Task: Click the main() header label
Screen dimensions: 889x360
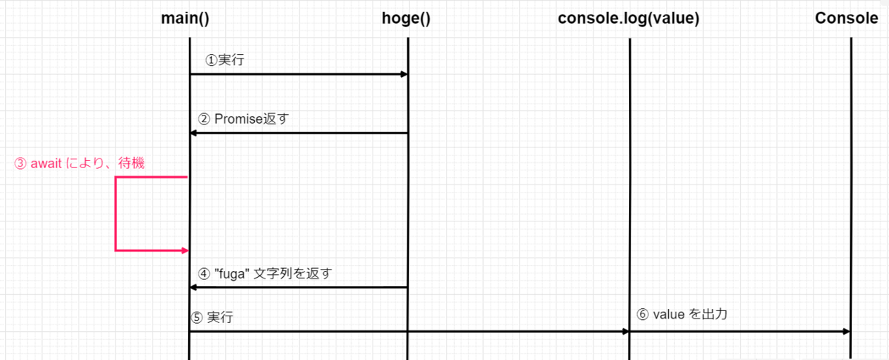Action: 185,19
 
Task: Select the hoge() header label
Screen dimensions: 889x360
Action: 406,19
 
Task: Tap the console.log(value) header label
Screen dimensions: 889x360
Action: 629,19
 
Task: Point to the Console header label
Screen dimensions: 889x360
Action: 847,19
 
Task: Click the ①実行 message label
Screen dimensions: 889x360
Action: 224,60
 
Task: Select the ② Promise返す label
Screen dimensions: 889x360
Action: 243,119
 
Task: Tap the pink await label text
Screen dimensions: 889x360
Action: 79,163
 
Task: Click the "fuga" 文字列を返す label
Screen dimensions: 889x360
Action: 265,273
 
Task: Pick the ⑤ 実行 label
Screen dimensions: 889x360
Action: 212,317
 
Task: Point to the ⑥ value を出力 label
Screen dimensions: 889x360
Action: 682,314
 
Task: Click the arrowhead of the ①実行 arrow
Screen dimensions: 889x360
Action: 404,74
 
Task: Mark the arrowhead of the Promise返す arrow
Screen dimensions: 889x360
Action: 193,133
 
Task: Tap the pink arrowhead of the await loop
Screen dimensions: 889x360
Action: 184,250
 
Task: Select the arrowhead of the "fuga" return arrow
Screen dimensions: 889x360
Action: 193,287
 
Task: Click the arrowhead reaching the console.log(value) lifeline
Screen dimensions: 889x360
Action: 625,331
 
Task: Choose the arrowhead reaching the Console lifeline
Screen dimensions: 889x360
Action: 847,331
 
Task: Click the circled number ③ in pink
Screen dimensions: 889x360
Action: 20,164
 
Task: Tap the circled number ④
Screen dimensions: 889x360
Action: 204,274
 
